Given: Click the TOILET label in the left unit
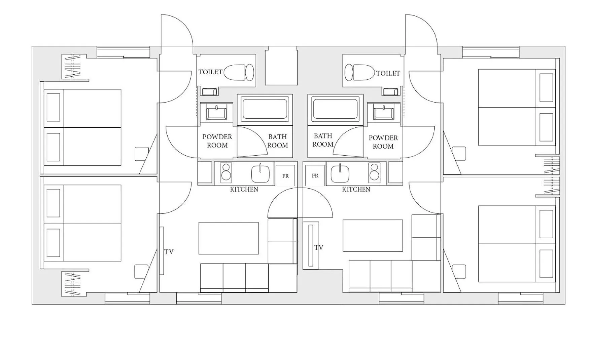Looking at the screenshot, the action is [x=210, y=72].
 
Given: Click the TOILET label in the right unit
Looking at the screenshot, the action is [x=388, y=73].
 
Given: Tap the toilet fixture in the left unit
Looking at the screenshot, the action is [x=239, y=72].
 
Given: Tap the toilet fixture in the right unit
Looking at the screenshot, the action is [x=359, y=73].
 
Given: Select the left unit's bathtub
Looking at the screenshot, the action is [x=265, y=109].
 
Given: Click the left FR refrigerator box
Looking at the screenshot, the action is [x=285, y=175].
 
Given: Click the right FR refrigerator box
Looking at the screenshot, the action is [x=315, y=175].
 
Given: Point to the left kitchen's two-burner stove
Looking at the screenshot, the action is [x=226, y=173].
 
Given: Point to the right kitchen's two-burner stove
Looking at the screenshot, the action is [x=374, y=172].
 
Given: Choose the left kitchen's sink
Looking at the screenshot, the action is [x=261, y=173].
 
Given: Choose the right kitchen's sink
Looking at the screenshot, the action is [x=340, y=173].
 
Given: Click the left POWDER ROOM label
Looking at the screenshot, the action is [x=217, y=141].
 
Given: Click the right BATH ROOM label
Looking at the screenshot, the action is [x=323, y=140].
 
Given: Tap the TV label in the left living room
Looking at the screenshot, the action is [x=169, y=252].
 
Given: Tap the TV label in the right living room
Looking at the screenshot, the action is [x=319, y=248].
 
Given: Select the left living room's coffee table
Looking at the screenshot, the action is [x=229, y=238].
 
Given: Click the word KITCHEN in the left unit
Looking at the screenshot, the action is [x=244, y=190].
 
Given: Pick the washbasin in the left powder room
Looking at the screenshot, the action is [x=217, y=112].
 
